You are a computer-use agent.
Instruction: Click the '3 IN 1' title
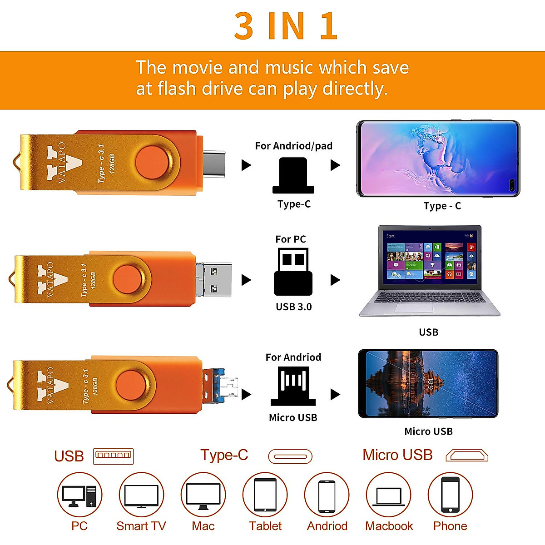(286, 26)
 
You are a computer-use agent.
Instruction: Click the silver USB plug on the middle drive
(215, 279)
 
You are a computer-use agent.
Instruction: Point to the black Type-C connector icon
(293, 176)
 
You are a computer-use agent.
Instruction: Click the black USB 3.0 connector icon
(293, 272)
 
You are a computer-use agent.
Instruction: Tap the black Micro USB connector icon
(293, 386)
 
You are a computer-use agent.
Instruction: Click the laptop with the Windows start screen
(429, 271)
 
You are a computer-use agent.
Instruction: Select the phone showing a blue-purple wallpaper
(438, 159)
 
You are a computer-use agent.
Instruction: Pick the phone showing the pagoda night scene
(428, 384)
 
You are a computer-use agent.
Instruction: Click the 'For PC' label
(291, 239)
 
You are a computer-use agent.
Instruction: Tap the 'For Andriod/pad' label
(293, 146)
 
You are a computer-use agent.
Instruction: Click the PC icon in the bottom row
(79, 495)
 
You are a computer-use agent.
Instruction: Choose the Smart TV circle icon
(141, 495)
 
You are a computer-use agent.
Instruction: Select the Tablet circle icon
(265, 495)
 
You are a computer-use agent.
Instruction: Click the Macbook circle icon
(389, 495)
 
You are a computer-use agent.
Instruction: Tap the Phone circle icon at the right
(450, 495)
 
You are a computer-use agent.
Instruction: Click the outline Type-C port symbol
(290, 456)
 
